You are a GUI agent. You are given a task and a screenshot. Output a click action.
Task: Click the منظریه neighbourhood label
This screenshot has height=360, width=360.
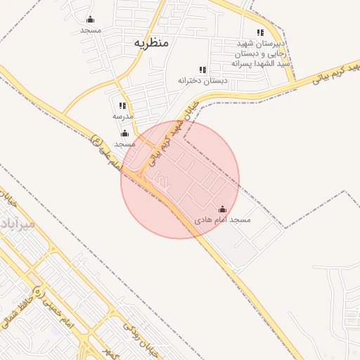(x=151, y=43)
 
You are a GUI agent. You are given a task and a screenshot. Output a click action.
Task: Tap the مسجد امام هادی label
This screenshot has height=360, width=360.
(x=223, y=221)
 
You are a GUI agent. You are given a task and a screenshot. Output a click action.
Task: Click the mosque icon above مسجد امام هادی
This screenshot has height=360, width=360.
(x=223, y=209)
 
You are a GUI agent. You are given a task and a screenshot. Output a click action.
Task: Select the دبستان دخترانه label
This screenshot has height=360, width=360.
(x=203, y=81)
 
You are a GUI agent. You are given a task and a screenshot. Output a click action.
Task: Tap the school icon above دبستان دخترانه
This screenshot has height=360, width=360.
(x=203, y=70)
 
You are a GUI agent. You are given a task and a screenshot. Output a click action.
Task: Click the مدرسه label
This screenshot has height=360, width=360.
(x=123, y=115)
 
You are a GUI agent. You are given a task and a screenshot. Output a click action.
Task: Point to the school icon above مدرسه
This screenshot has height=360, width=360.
(x=123, y=105)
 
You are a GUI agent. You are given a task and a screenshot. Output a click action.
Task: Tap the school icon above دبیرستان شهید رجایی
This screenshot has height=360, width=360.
(x=261, y=32)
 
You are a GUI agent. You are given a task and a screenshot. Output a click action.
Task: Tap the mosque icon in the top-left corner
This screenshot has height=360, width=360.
(x=90, y=20)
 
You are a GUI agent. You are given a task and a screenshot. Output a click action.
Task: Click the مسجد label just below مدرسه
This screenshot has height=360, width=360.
(x=124, y=143)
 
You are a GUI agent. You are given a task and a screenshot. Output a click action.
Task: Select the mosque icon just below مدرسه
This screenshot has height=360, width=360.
(x=124, y=133)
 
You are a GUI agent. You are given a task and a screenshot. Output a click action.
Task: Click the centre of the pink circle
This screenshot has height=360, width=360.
(x=180, y=179)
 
